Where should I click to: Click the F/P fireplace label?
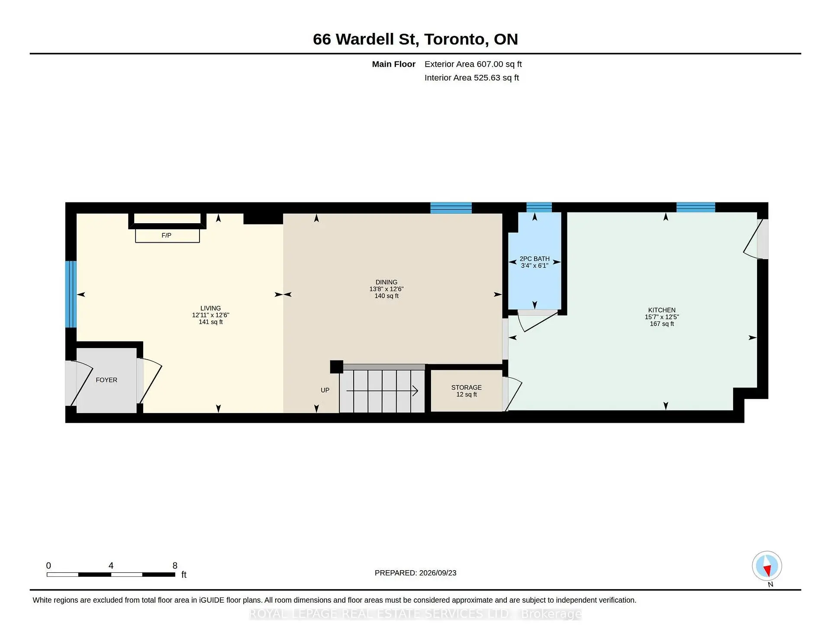click(167, 235)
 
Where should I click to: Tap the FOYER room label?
click(106, 380)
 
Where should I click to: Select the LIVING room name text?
click(211, 308)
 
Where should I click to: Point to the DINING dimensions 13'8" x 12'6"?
click(387, 289)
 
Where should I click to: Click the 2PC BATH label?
click(535, 259)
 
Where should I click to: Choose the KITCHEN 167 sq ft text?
click(662, 324)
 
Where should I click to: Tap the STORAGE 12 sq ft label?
click(467, 391)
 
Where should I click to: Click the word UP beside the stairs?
click(325, 390)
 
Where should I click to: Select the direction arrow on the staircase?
click(382, 391)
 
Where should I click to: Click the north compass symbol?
click(767, 566)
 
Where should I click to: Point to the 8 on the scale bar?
click(175, 565)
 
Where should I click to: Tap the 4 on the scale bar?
click(111, 565)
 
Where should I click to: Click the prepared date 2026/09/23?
click(438, 573)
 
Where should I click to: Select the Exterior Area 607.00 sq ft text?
click(473, 64)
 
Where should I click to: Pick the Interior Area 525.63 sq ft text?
click(472, 77)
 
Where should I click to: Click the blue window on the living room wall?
click(71, 294)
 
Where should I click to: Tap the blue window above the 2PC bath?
click(539, 207)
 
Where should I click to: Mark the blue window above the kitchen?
click(696, 207)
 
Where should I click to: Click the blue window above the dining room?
click(451, 208)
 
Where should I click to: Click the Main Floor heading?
click(394, 64)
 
